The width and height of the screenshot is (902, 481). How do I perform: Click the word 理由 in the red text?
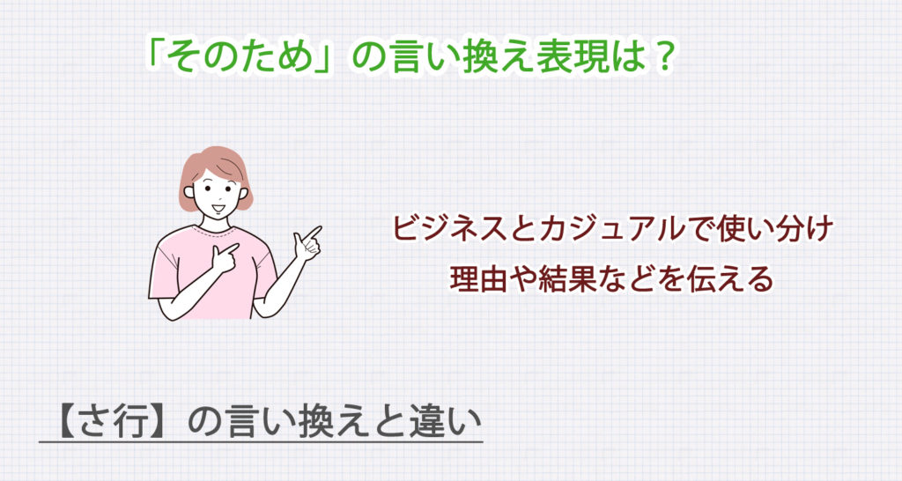(x=477, y=279)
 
